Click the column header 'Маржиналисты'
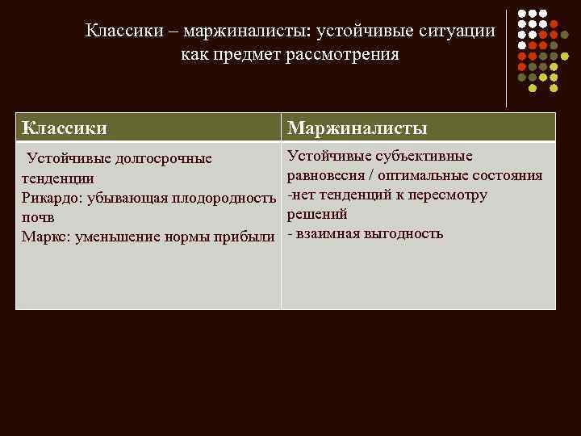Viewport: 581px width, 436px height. point(357,128)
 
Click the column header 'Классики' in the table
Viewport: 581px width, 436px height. point(65,128)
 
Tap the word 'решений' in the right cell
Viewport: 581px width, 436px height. point(317,214)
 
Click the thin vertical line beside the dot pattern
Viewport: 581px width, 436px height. point(506,58)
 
